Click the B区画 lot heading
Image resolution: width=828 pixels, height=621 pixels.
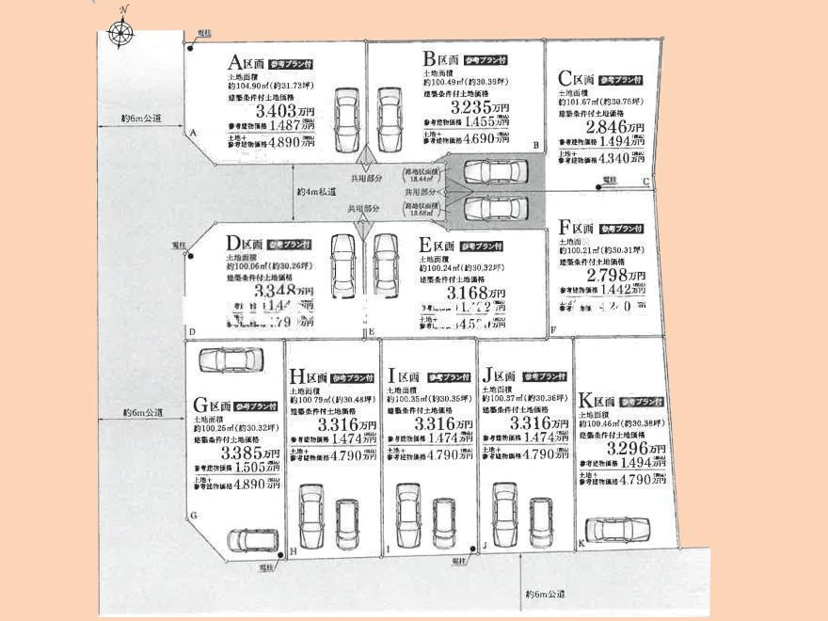click(440, 58)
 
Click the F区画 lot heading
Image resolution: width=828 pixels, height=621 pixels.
click(577, 229)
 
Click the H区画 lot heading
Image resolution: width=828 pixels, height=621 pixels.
click(309, 377)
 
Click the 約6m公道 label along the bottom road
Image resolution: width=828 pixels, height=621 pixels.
click(545, 595)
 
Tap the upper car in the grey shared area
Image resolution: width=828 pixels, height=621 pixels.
click(495, 171)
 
